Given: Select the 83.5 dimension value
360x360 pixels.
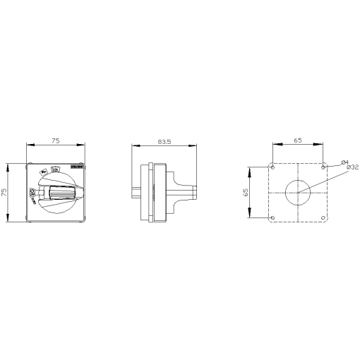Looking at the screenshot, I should click(x=164, y=141).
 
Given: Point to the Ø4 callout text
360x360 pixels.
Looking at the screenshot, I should click(x=344, y=161).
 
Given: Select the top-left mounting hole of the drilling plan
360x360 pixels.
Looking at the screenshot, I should click(x=272, y=167).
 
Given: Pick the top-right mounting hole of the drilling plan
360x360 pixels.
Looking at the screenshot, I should click(x=323, y=167).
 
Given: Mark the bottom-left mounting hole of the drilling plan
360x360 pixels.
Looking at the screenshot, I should click(x=272, y=217).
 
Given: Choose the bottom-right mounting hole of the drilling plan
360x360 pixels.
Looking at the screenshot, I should click(x=323, y=217).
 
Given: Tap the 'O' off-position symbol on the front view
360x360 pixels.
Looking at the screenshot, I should click(x=32, y=191).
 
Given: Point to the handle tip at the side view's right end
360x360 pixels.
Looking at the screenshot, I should click(x=193, y=191).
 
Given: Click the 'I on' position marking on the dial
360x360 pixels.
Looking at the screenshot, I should click(x=55, y=170).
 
